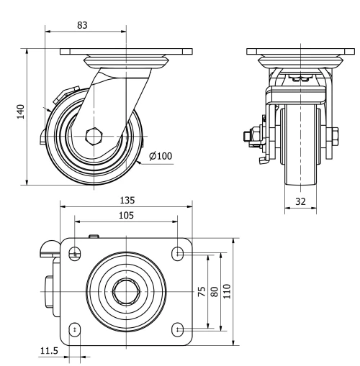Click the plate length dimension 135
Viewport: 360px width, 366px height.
tap(127, 201)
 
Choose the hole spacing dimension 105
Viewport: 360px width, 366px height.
tap(127, 214)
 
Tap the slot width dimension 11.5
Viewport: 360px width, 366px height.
tap(49, 352)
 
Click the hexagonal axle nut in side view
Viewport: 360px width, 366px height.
tap(93, 135)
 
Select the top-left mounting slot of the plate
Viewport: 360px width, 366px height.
tap(75, 252)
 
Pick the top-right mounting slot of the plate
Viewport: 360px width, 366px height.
tap(178, 252)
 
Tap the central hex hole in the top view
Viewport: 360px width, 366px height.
tap(127, 290)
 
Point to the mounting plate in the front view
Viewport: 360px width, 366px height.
tap(298, 52)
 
